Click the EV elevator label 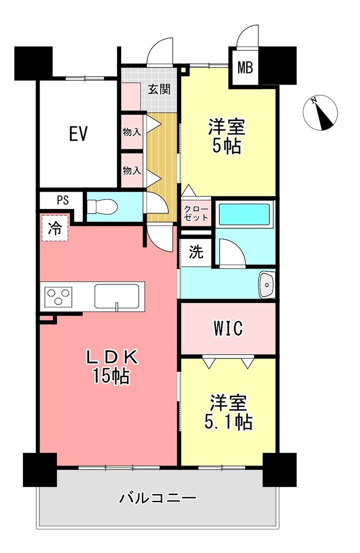[78, 134]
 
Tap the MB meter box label [245, 67]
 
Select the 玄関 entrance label [159, 89]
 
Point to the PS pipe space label [63, 200]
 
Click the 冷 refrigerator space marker [54, 228]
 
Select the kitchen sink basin [116, 296]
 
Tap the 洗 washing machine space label [196, 252]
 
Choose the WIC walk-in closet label [228, 328]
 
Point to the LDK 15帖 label [112, 367]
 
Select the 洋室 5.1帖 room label [228, 412]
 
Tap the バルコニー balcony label [157, 498]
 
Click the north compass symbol [321, 113]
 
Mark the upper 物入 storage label [132, 132]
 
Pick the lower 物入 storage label [132, 171]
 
